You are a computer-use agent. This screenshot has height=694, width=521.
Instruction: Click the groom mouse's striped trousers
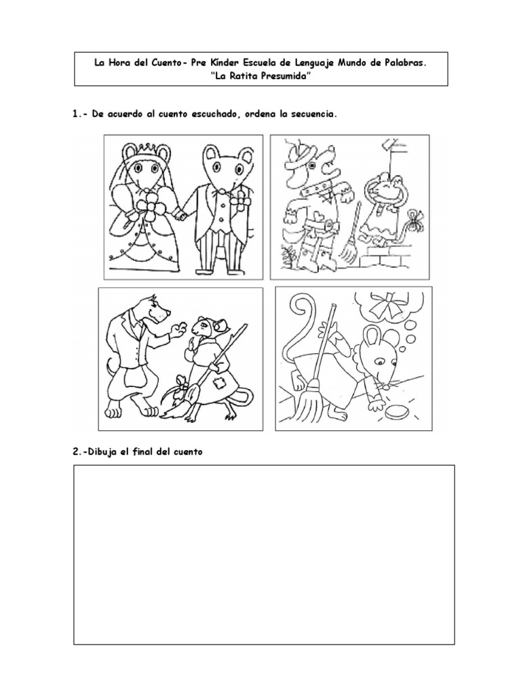coord(216,254)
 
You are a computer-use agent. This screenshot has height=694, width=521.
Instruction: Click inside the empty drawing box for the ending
coord(263,554)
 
